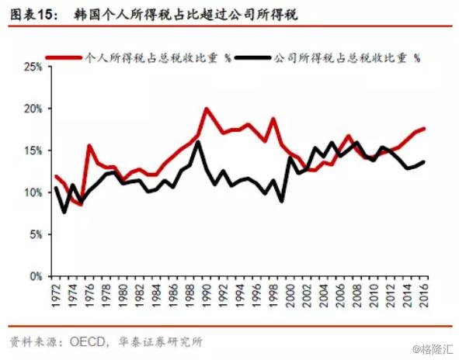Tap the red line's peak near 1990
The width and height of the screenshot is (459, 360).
pos(207,109)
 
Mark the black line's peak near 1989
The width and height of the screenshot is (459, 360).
pos(198,141)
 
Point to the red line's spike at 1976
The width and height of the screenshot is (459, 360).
pos(89,145)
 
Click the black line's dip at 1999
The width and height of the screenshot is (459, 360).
pos(281,201)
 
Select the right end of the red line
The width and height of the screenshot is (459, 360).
pos(425,128)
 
